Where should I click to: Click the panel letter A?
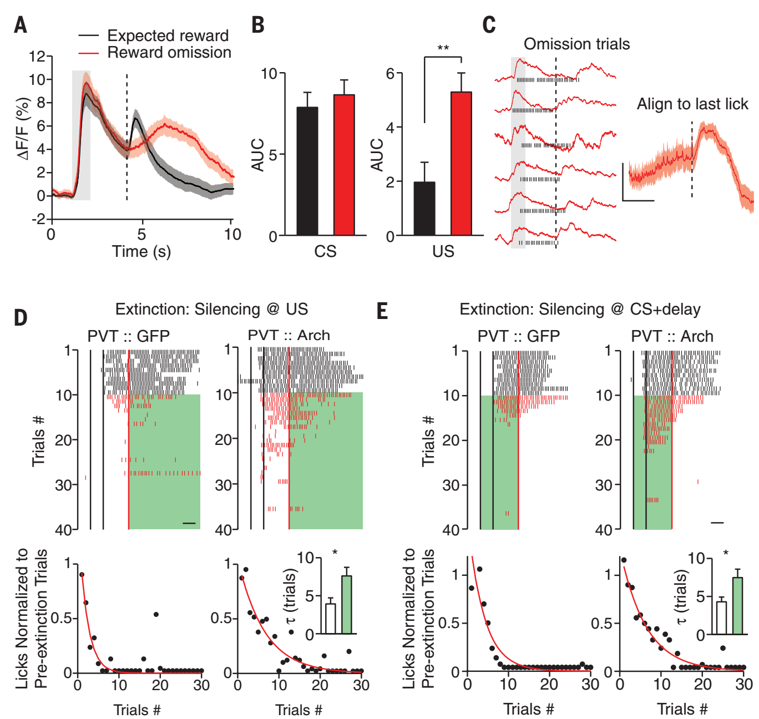click(21, 25)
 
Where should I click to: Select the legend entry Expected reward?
click(168, 36)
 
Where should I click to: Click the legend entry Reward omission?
click(169, 53)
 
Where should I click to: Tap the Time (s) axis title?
click(141, 251)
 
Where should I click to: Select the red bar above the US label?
click(461, 164)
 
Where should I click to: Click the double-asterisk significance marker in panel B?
click(443, 49)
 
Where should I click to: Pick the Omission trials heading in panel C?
click(576, 44)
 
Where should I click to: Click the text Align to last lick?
click(692, 104)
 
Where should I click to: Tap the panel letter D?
click(21, 317)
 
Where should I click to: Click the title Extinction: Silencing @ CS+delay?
click(580, 310)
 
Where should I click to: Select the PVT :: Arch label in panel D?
click(289, 336)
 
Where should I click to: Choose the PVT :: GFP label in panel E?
click(518, 336)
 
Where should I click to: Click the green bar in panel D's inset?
click(347, 605)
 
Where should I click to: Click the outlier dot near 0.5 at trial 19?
click(156, 614)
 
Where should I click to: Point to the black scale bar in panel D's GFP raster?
click(189, 523)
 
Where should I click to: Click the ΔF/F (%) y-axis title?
click(23, 129)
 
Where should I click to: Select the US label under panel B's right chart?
click(443, 252)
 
